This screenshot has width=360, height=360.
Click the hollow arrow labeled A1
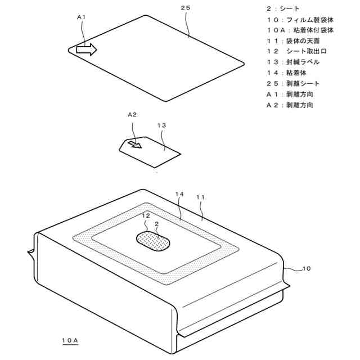click(86, 49)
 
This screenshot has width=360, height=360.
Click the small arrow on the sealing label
click(134, 145)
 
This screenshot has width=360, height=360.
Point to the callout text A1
click(81, 17)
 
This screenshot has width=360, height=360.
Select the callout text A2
click(132, 114)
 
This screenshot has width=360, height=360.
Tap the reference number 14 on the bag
click(179, 194)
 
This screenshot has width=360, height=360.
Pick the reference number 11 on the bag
click(200, 197)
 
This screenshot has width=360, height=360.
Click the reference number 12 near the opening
click(146, 215)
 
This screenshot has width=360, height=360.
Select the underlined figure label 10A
click(71, 340)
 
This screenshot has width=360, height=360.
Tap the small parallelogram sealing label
click(150, 151)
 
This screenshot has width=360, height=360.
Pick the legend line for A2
click(290, 105)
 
